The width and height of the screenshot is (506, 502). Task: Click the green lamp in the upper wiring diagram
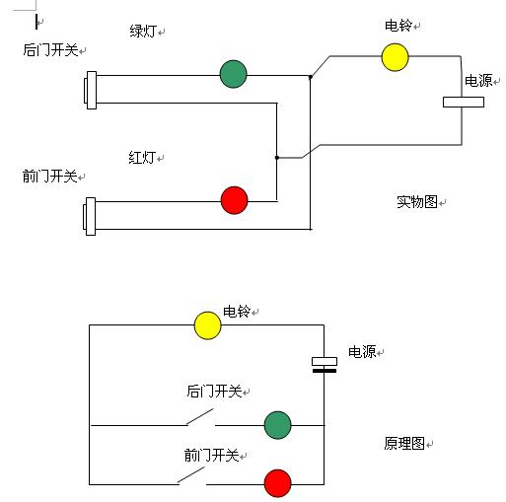[x=233, y=73]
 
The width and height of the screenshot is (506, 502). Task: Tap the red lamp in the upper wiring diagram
[x=234, y=200]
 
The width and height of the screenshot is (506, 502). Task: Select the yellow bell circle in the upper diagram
[x=395, y=57]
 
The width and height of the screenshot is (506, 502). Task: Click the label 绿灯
[x=144, y=31]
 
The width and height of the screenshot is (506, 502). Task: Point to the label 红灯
[x=142, y=157]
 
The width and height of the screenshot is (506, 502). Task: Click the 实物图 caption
[x=417, y=201]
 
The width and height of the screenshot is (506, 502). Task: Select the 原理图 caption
[x=403, y=444]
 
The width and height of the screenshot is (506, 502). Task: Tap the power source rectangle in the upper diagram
[x=463, y=101]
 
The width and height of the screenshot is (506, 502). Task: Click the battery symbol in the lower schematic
[x=324, y=365]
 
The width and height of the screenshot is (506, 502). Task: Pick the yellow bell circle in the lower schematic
[x=207, y=325]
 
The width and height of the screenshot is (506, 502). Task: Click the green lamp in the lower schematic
[x=278, y=425]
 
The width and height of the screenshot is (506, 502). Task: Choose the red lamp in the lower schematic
[x=278, y=483]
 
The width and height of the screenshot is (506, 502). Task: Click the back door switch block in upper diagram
[x=91, y=90]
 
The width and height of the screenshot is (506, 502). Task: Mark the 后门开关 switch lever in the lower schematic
[x=201, y=417]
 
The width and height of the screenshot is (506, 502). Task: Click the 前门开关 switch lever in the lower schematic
[x=193, y=475]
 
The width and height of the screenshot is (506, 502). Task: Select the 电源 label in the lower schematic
[x=362, y=352]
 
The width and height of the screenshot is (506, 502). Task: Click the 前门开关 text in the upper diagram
[x=50, y=176]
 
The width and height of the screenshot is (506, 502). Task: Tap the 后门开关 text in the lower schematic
[x=213, y=392]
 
